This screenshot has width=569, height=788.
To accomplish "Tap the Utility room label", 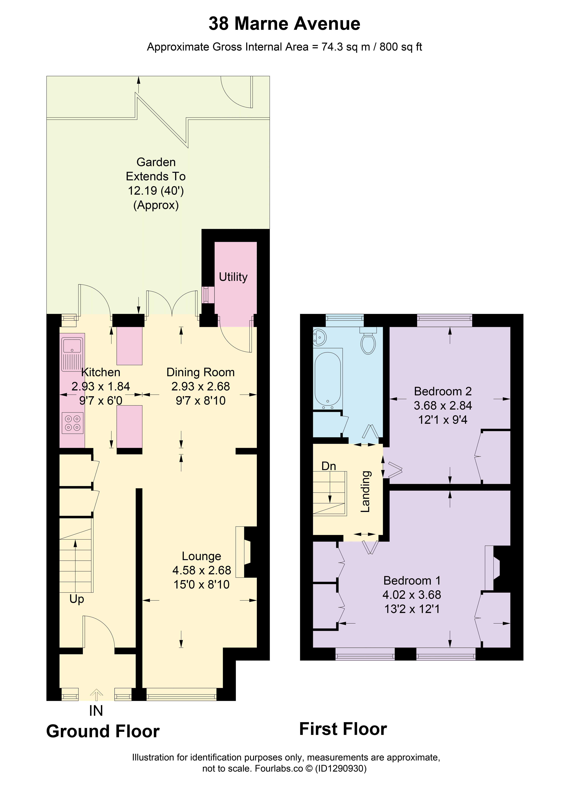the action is [x=233, y=277].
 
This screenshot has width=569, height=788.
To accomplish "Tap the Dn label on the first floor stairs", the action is [x=329, y=466].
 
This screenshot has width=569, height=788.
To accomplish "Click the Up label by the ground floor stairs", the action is [x=77, y=599].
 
